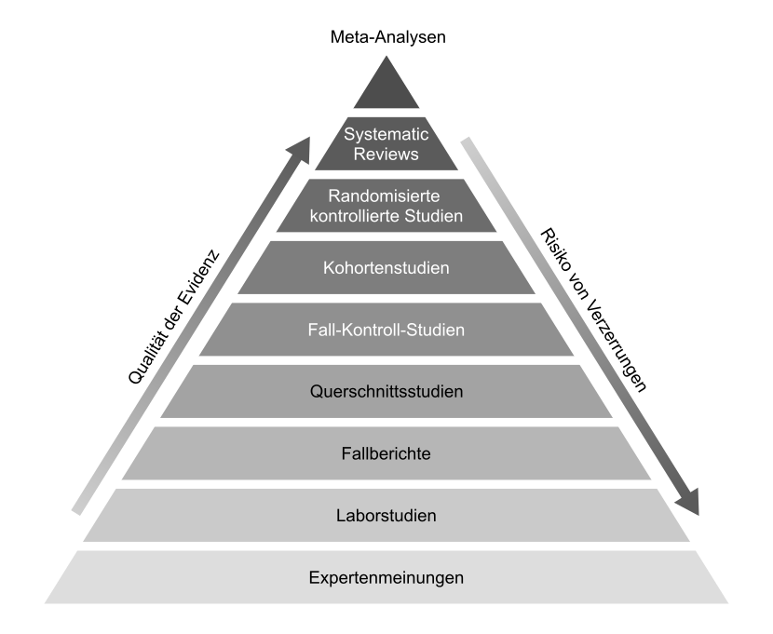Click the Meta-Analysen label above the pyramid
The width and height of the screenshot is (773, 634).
pyautogui.click(x=386, y=38)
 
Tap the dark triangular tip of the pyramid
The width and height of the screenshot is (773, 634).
pyautogui.click(x=386, y=89)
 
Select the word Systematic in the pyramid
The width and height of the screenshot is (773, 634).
pyautogui.click(x=386, y=134)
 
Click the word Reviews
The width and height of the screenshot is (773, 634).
pyautogui.click(x=386, y=154)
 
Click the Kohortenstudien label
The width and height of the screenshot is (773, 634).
pyautogui.click(x=386, y=268)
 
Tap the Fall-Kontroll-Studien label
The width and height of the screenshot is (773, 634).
pyautogui.click(x=386, y=330)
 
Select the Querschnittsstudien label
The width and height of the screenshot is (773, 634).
pyautogui.click(x=386, y=392)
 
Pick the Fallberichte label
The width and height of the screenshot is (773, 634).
pyautogui.click(x=386, y=453)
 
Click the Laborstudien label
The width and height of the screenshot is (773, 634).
pyautogui.click(x=386, y=515)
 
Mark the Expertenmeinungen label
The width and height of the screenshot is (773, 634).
pyautogui.click(x=386, y=577)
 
